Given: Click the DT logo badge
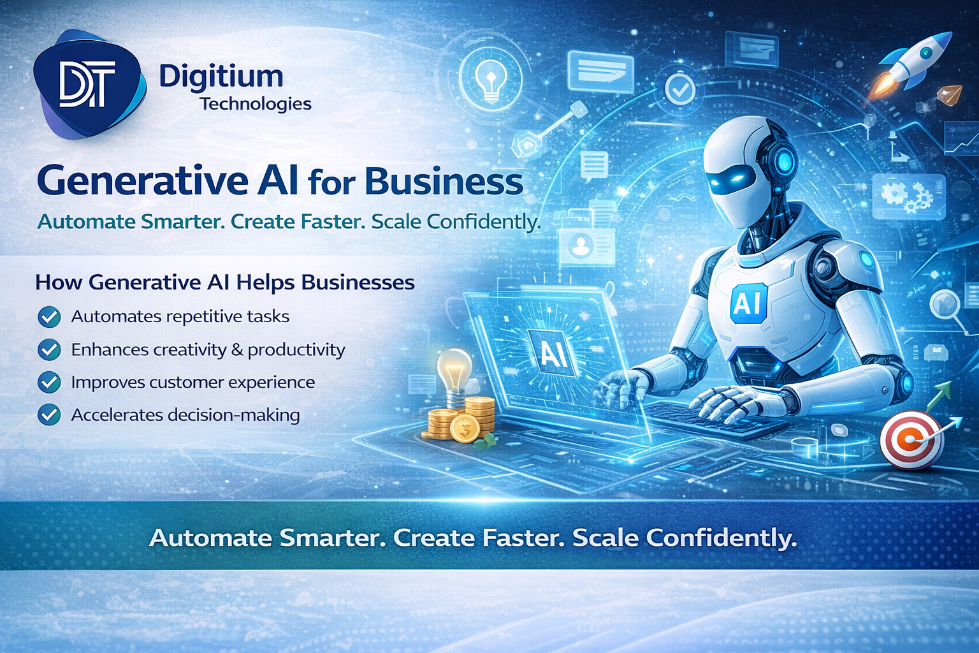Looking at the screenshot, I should tap(88, 85).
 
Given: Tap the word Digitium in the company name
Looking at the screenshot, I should tap(221, 77).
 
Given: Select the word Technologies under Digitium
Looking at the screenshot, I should tap(256, 104).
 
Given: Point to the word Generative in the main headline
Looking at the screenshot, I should tap(142, 181).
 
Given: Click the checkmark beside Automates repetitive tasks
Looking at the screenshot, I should tap(49, 317).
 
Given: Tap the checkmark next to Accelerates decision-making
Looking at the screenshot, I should tap(49, 415).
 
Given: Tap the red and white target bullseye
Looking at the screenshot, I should tap(911, 439).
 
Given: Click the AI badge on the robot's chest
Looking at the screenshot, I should tap(747, 303).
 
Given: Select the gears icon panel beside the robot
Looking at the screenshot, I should tap(908, 195).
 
